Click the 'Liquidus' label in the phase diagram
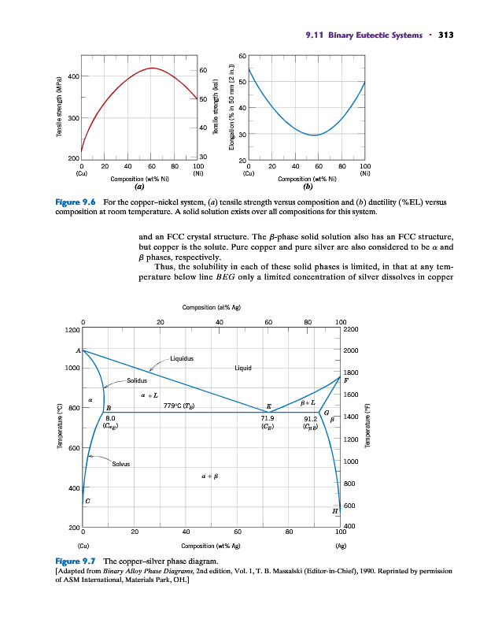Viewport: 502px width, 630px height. [x=183, y=359]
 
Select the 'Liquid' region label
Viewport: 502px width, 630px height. [x=243, y=368]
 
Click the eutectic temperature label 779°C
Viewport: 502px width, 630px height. [x=178, y=406]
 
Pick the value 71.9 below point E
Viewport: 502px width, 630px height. [x=268, y=418]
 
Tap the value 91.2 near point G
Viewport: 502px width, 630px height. [x=311, y=418]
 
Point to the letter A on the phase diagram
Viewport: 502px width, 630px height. [x=78, y=350]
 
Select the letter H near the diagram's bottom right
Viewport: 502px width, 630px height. [x=336, y=510]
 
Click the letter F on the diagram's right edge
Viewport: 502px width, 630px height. [x=345, y=380]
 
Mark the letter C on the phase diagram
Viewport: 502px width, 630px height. [x=87, y=499]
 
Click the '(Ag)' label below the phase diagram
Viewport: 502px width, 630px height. [x=340, y=544]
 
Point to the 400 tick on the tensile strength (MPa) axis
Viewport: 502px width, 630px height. [x=73, y=76]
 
